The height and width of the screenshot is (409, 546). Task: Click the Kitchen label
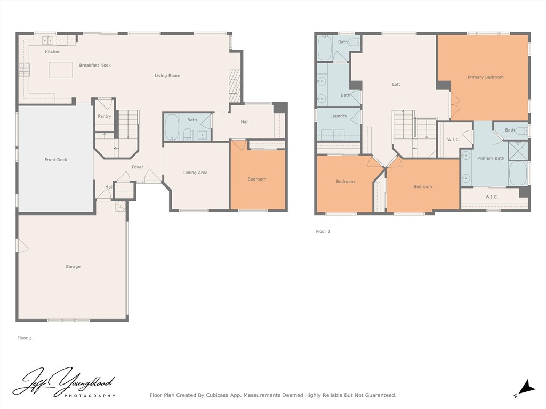coord(53,52)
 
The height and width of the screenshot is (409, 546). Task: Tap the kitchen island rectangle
coord(61,70)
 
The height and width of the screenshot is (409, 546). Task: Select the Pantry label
coord(105,116)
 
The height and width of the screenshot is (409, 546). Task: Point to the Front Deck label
coord(55,160)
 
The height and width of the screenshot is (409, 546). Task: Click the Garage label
coord(73,267)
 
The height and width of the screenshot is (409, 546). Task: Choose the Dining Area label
coord(195,173)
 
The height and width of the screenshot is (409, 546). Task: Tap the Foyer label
coord(138,167)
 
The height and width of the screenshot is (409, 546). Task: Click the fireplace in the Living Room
coord(235,86)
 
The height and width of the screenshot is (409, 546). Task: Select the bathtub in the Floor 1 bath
coord(172,127)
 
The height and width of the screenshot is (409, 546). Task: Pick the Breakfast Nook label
coord(95,65)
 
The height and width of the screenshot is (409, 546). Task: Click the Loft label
coord(396,84)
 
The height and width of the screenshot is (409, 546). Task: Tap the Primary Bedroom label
coord(485,77)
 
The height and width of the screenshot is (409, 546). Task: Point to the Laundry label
coord(339,116)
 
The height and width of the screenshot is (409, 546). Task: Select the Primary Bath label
coord(491,158)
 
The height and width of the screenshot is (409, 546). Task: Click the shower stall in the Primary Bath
coord(518,151)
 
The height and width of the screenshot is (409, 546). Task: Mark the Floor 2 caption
coord(323,231)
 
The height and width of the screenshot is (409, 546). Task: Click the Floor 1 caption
coord(25,338)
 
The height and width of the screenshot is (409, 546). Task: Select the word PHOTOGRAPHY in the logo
coord(90,396)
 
